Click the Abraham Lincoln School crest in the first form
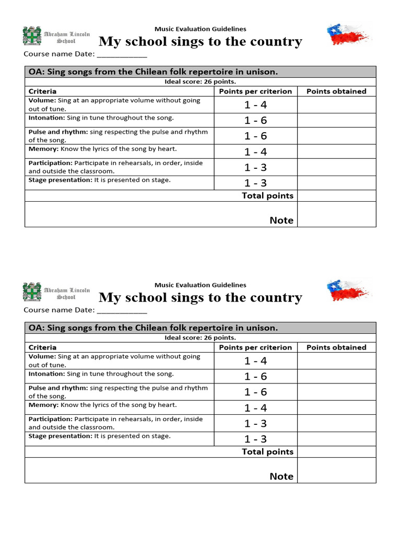(32, 36)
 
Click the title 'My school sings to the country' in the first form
(200, 42)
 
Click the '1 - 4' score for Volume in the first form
(255, 105)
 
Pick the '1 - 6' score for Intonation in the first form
(255, 121)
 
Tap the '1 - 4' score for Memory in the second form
(255, 408)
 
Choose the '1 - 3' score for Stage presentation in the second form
(255, 439)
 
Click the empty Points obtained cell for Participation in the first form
(336, 167)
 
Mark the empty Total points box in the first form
(336, 196)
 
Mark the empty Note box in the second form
(336, 470)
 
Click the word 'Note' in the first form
(281, 220)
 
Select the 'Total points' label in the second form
(267, 452)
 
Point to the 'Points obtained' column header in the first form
(336, 91)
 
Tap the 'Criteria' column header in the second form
(42, 347)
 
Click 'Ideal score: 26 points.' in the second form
(200, 338)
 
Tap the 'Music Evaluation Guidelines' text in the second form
(200, 285)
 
